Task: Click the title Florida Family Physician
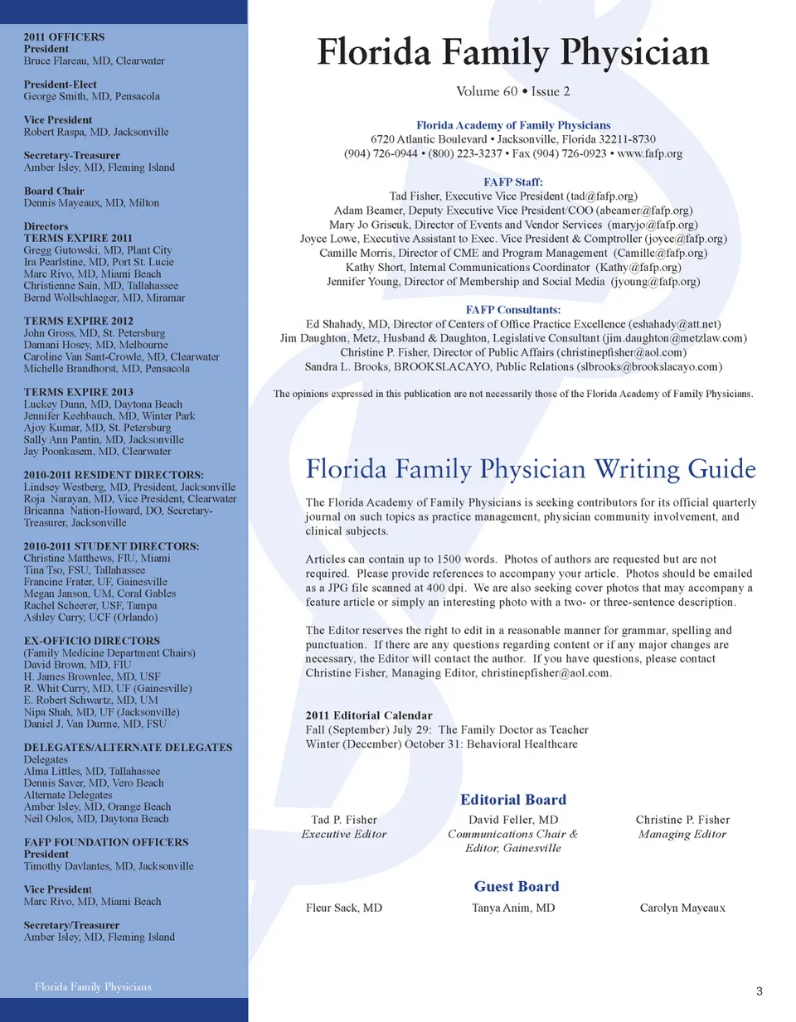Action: (x=513, y=52)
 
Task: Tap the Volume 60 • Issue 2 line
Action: (x=513, y=91)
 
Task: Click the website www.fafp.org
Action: (x=650, y=153)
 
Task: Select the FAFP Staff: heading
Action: (x=513, y=182)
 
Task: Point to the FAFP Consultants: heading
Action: (x=513, y=310)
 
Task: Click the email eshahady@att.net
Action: (x=675, y=324)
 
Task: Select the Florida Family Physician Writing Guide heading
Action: (x=531, y=469)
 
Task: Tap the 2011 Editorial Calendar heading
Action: (x=369, y=715)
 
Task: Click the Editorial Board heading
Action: (x=513, y=800)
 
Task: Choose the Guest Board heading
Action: (x=517, y=887)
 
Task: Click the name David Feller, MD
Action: (x=513, y=820)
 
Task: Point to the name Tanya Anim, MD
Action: (x=513, y=908)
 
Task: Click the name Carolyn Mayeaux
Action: (x=682, y=908)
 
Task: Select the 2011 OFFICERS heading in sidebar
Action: (x=64, y=37)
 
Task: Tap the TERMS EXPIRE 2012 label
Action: (x=78, y=321)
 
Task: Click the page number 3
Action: (x=759, y=991)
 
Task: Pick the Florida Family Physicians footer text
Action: (x=93, y=986)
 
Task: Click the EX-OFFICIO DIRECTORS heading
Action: (x=91, y=641)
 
